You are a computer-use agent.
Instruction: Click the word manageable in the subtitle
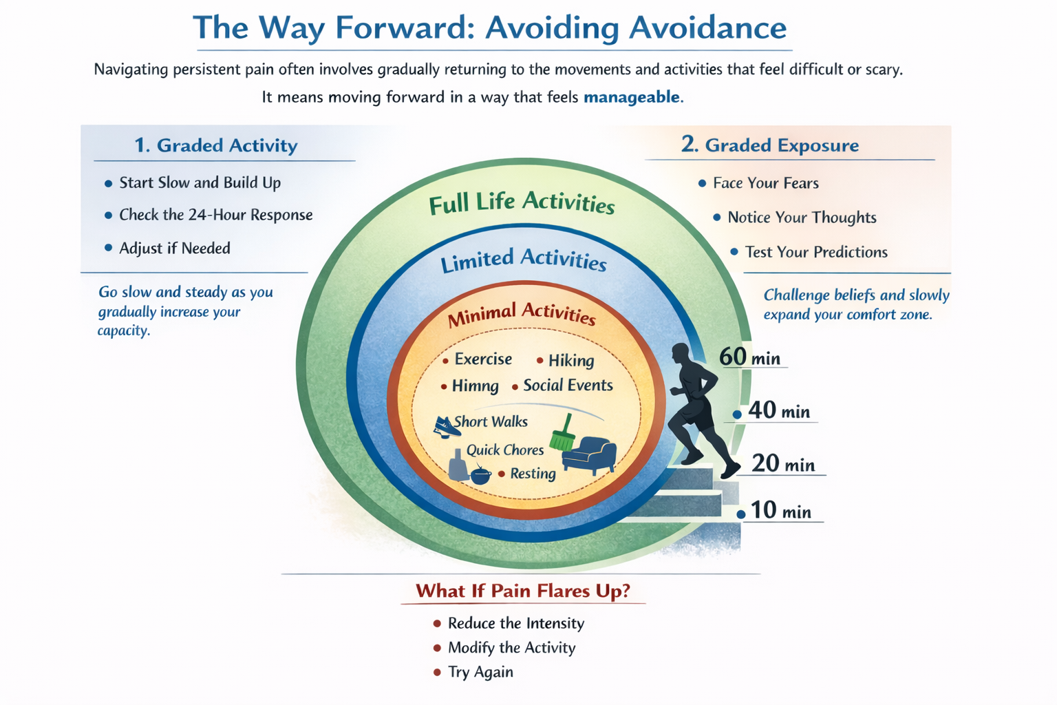(x=632, y=97)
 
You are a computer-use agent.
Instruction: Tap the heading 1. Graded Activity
(x=216, y=145)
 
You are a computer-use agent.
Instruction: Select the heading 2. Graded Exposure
(x=770, y=145)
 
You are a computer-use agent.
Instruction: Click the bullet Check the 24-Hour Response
(x=215, y=215)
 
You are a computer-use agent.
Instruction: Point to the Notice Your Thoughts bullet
(x=802, y=218)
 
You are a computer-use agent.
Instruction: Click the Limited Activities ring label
(x=523, y=260)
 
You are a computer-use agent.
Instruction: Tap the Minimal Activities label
(x=522, y=314)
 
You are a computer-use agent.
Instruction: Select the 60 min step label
(x=749, y=357)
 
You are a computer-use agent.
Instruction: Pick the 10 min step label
(x=780, y=511)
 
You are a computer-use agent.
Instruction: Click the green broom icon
(x=563, y=434)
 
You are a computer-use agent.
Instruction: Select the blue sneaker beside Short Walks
(x=446, y=426)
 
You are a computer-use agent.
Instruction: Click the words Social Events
(x=568, y=386)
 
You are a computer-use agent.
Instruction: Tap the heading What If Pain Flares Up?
(x=523, y=591)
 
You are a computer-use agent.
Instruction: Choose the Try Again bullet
(x=480, y=672)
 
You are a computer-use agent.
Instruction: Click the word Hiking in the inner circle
(x=571, y=360)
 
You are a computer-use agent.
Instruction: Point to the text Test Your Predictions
(x=816, y=252)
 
